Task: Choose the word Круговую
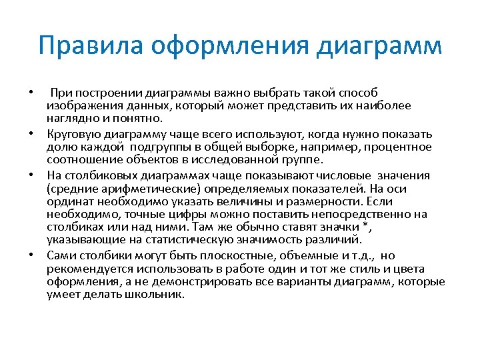(72, 133)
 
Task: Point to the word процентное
(402, 147)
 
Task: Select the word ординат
(69, 202)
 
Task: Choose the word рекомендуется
(85, 269)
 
